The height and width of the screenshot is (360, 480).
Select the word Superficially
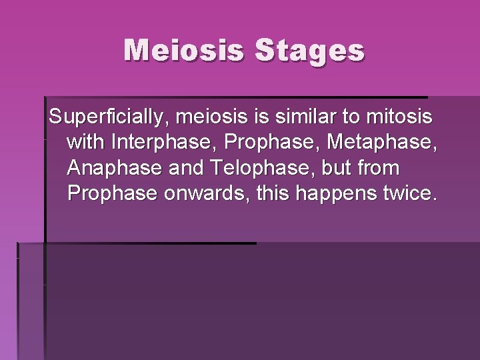(x=103, y=118)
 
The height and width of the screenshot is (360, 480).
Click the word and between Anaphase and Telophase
(x=187, y=169)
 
